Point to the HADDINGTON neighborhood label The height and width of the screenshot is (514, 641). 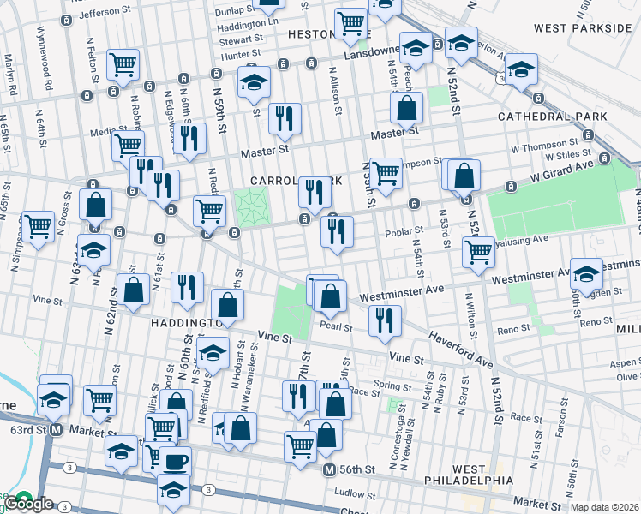(177, 323)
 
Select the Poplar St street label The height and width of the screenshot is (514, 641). (407, 230)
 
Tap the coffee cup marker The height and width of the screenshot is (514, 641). (175, 462)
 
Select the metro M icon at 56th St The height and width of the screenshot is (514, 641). (329, 470)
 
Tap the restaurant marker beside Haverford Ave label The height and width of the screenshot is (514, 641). (385, 320)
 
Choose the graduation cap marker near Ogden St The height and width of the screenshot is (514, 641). (586, 273)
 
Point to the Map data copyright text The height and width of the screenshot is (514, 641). (605, 507)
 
